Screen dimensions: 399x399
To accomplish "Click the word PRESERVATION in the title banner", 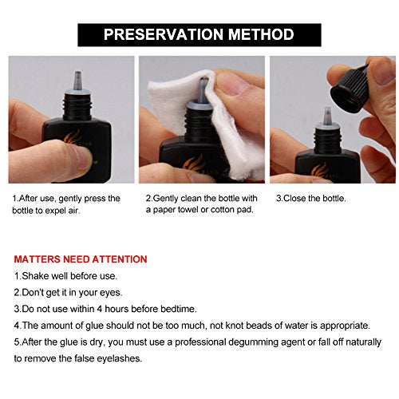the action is [164, 34].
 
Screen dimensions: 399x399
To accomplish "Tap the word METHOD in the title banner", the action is [261, 34].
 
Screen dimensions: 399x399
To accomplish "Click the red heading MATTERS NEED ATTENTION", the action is [81, 259].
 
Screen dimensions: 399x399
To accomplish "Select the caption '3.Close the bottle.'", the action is [311, 199].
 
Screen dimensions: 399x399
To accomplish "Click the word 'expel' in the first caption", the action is [55, 211].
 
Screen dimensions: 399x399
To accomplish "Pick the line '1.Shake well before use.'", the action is [65, 276].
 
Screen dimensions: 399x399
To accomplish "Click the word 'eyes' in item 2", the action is [109, 293].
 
